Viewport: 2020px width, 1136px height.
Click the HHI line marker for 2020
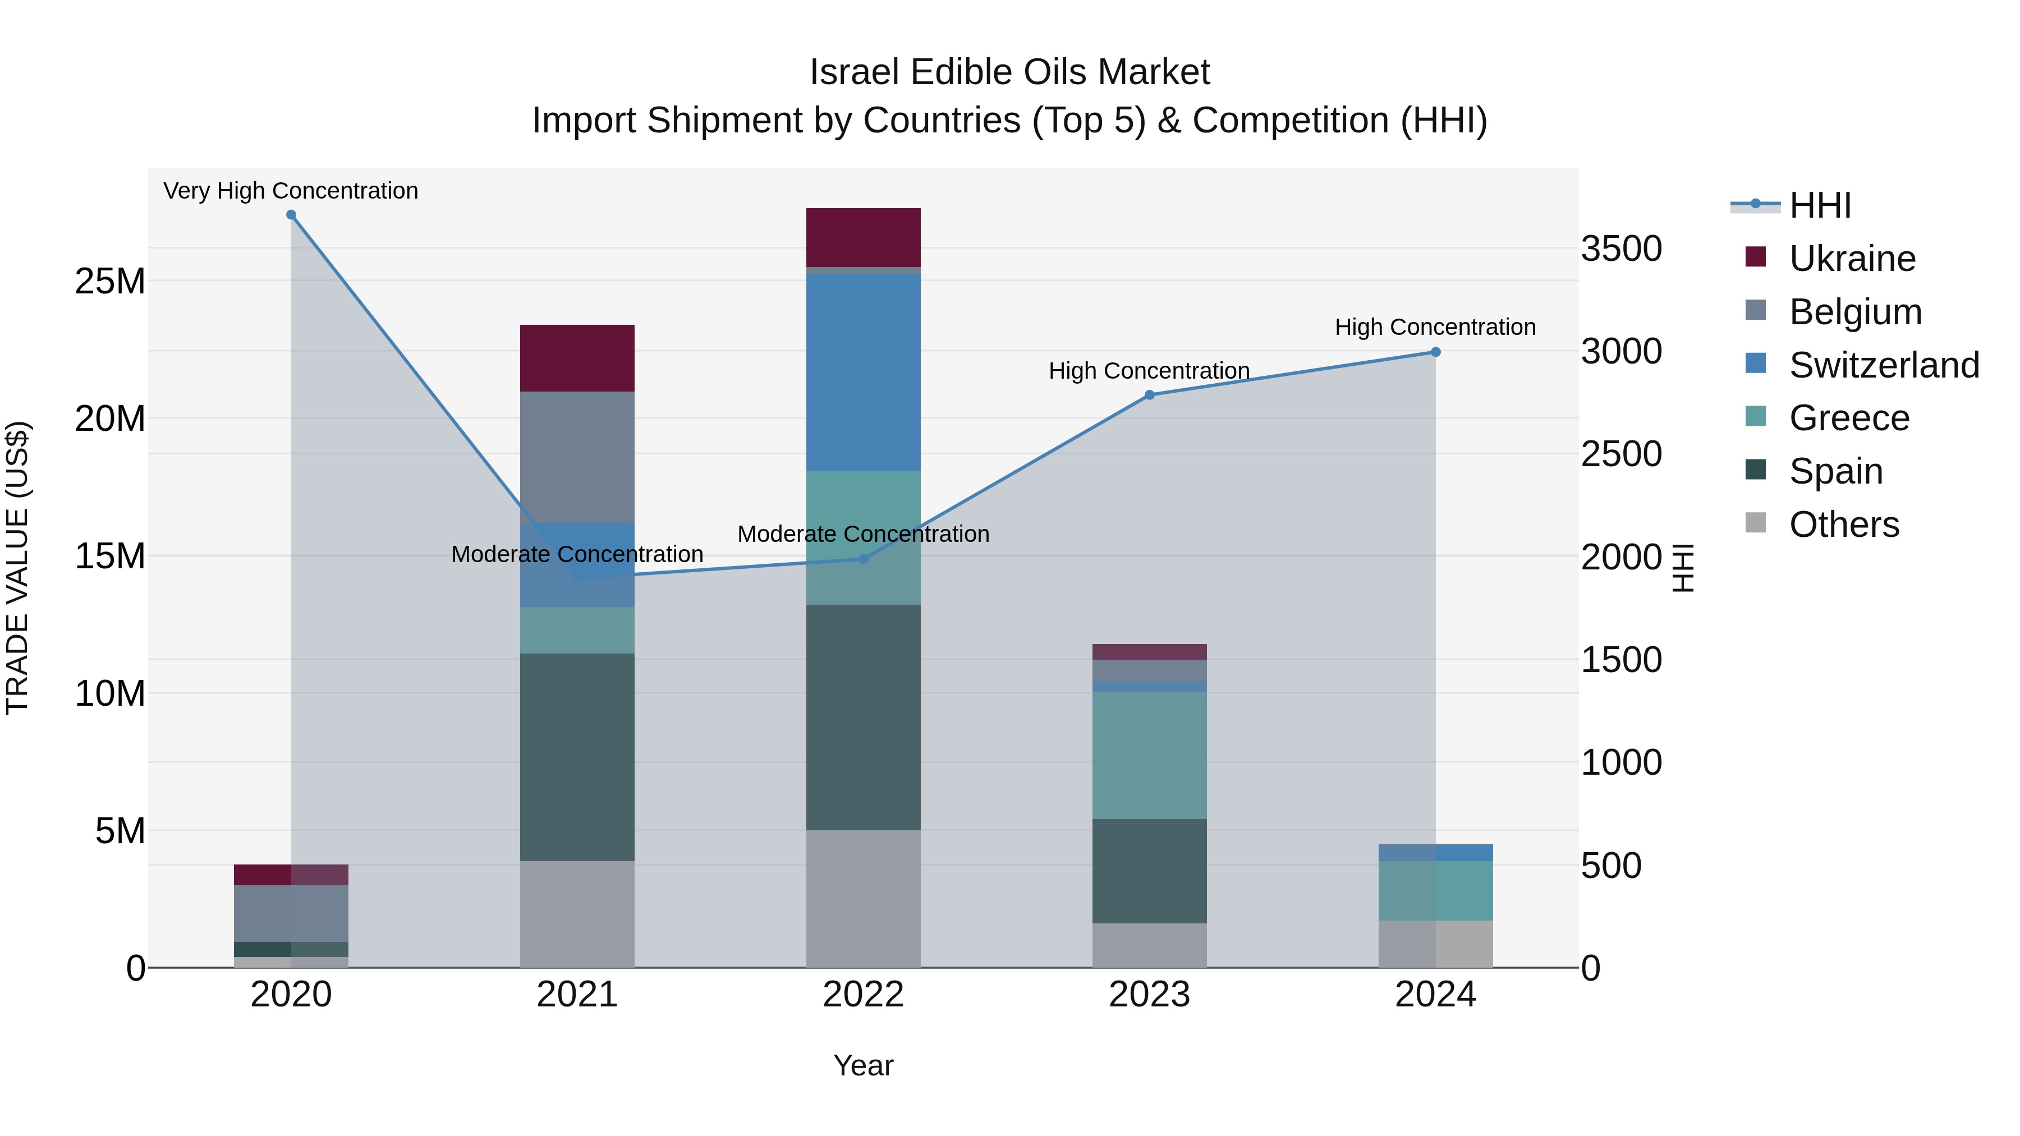tap(291, 215)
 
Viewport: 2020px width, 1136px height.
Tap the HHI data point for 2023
tap(1150, 395)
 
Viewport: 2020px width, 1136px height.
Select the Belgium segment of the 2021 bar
tap(577, 457)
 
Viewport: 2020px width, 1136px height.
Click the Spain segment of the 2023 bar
tap(1150, 871)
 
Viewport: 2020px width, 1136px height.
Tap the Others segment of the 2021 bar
tap(577, 914)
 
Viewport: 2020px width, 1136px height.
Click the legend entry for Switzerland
tap(1884, 365)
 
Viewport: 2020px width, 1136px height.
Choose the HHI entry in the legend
tap(1819, 205)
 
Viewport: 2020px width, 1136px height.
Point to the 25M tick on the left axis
tap(110, 280)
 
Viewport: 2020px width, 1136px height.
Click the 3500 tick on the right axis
tap(1621, 249)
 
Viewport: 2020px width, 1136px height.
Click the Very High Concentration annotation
tap(291, 191)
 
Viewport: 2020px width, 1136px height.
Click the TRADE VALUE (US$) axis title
tap(17, 568)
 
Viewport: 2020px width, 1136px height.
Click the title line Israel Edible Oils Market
tap(1009, 72)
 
